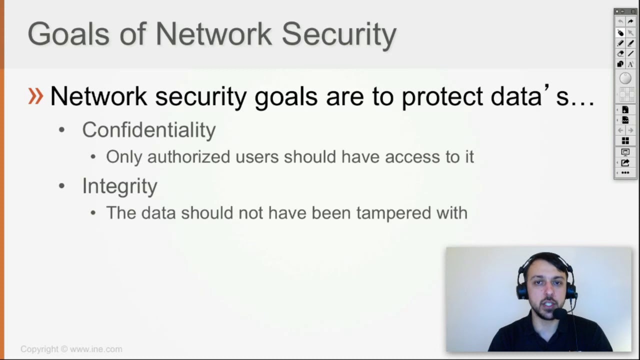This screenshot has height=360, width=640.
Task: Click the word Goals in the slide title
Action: (68, 34)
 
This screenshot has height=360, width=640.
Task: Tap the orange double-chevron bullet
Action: (35, 95)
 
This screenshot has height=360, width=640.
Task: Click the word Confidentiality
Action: (148, 130)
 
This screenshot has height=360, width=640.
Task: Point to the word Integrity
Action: (119, 186)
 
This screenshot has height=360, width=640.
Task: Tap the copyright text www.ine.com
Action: (95, 349)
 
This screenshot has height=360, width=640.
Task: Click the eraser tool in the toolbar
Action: (620, 53)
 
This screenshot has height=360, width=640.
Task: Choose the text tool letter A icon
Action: (630, 64)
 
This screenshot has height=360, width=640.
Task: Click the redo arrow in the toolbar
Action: (630, 21)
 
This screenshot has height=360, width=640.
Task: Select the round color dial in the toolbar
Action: (625, 78)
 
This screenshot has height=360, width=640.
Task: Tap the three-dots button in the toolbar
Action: (625, 172)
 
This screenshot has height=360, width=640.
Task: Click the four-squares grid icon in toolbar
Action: (625, 141)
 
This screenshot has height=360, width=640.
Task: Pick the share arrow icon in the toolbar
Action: (625, 162)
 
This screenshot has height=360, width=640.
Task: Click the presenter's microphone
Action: (558, 313)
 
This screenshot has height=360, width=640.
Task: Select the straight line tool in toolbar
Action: (630, 53)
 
